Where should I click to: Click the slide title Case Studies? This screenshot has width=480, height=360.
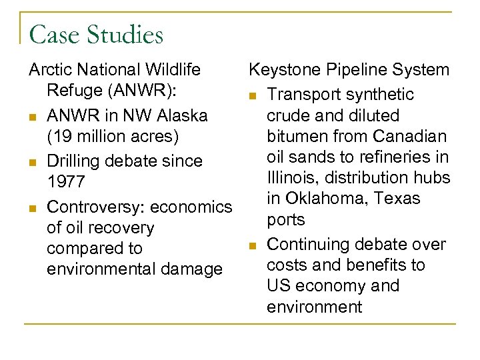(96, 35)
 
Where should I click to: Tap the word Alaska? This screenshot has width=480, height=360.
(183, 115)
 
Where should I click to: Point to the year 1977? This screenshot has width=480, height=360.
(65, 182)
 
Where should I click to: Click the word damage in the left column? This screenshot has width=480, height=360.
(193, 269)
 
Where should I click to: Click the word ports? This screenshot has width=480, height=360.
(285, 219)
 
